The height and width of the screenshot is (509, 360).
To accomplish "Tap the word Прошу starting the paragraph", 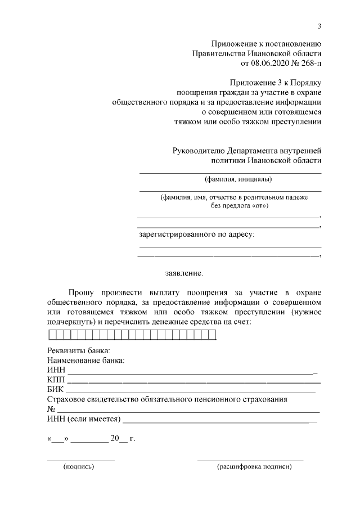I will pos(81,292).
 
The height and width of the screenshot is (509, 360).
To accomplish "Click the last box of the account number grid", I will pos(212,336).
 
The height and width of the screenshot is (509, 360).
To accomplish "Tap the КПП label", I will pos(57,380).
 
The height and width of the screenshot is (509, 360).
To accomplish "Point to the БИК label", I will pos(56,389).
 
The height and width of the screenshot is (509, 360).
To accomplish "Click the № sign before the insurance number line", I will pos(51,409).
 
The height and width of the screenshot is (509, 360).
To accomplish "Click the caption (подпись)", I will pos(79,466).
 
